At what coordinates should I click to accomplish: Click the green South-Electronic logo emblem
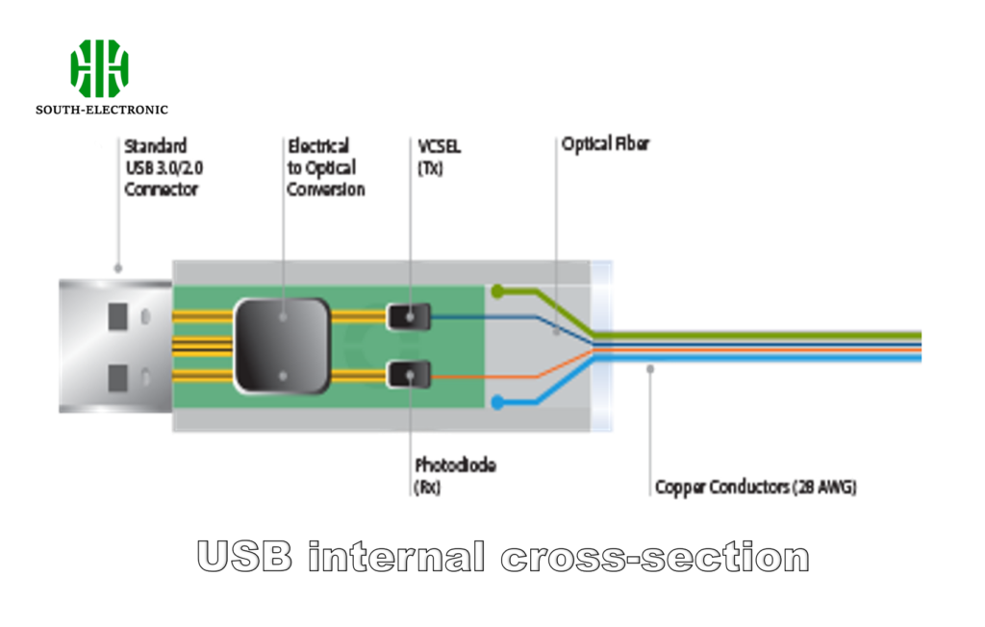[x=100, y=68]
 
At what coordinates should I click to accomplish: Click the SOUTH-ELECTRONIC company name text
[x=102, y=110]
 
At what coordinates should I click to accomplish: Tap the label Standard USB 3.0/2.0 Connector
[x=162, y=167]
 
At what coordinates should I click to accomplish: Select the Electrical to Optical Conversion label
[x=326, y=167]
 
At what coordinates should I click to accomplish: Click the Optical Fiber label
[x=605, y=144]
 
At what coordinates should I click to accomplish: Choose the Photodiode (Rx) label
[x=455, y=476]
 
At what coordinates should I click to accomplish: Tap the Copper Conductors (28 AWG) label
[x=755, y=488]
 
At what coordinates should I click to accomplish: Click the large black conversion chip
[x=282, y=345]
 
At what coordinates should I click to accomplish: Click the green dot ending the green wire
[x=496, y=290]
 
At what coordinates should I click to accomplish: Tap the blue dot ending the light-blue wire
[x=496, y=401]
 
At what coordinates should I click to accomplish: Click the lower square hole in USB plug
[x=118, y=376]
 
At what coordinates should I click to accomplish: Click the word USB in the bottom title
[x=244, y=557]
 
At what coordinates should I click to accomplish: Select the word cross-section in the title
[x=655, y=557]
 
